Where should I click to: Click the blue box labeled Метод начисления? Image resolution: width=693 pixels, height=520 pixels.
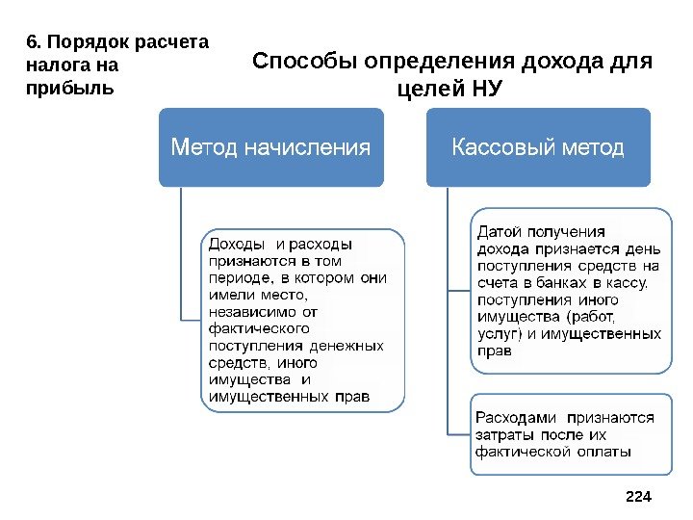[x=271, y=147]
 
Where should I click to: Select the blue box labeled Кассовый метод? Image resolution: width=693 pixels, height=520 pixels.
[x=538, y=147]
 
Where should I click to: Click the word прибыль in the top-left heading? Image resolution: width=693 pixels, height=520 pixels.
[x=66, y=87]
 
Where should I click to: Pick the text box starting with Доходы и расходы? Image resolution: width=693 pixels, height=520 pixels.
[x=302, y=320]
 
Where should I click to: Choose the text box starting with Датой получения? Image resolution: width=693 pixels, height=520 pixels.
[x=571, y=291]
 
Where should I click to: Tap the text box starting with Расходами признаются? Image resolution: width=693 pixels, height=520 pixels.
[x=571, y=433]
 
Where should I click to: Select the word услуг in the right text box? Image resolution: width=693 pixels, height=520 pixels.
[x=496, y=333]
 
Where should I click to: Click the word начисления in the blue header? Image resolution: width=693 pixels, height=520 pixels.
[x=321, y=147]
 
